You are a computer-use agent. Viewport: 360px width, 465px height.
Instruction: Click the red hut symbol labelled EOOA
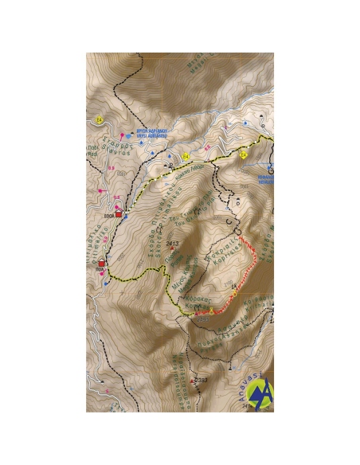point(119,214)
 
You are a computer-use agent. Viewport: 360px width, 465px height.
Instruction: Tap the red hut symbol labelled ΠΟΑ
point(102,262)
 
